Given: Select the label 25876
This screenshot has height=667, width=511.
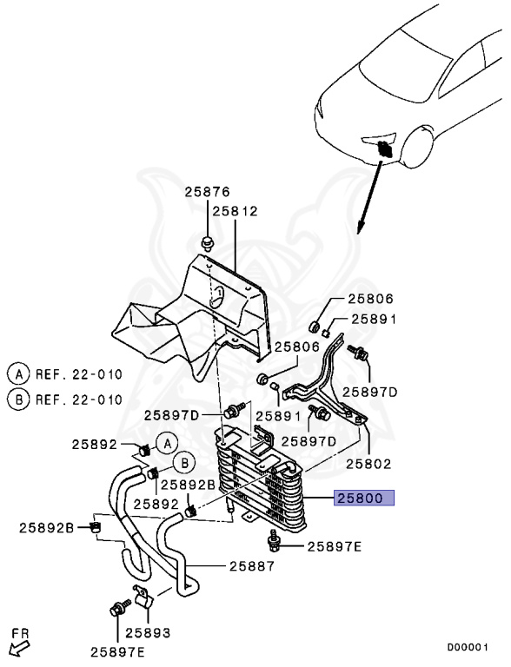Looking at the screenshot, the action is click(208, 192).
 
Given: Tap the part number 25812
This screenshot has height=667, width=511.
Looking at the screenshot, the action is click(236, 211).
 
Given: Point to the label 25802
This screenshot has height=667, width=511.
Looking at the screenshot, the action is click(368, 464).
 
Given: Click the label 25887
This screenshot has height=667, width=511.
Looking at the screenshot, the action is click(252, 566).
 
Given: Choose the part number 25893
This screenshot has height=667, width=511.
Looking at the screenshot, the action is click(148, 633).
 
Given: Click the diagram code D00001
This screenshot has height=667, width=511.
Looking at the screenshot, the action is click(468, 647).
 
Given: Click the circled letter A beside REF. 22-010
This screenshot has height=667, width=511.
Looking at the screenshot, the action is click(18, 374).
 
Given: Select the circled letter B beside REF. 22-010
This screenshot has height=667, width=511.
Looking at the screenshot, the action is click(18, 400).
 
